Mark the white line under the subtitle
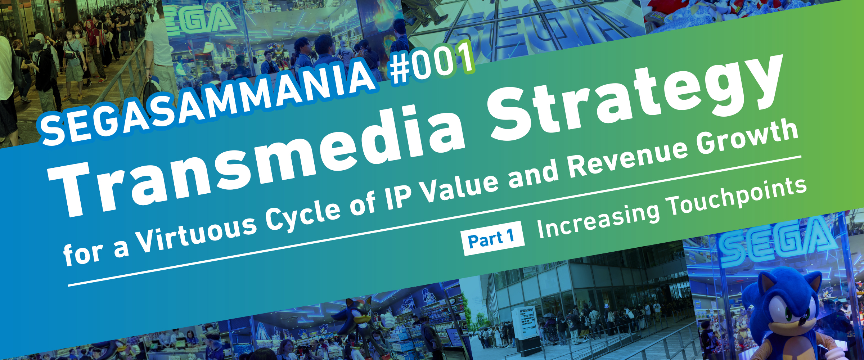coord(435,221)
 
